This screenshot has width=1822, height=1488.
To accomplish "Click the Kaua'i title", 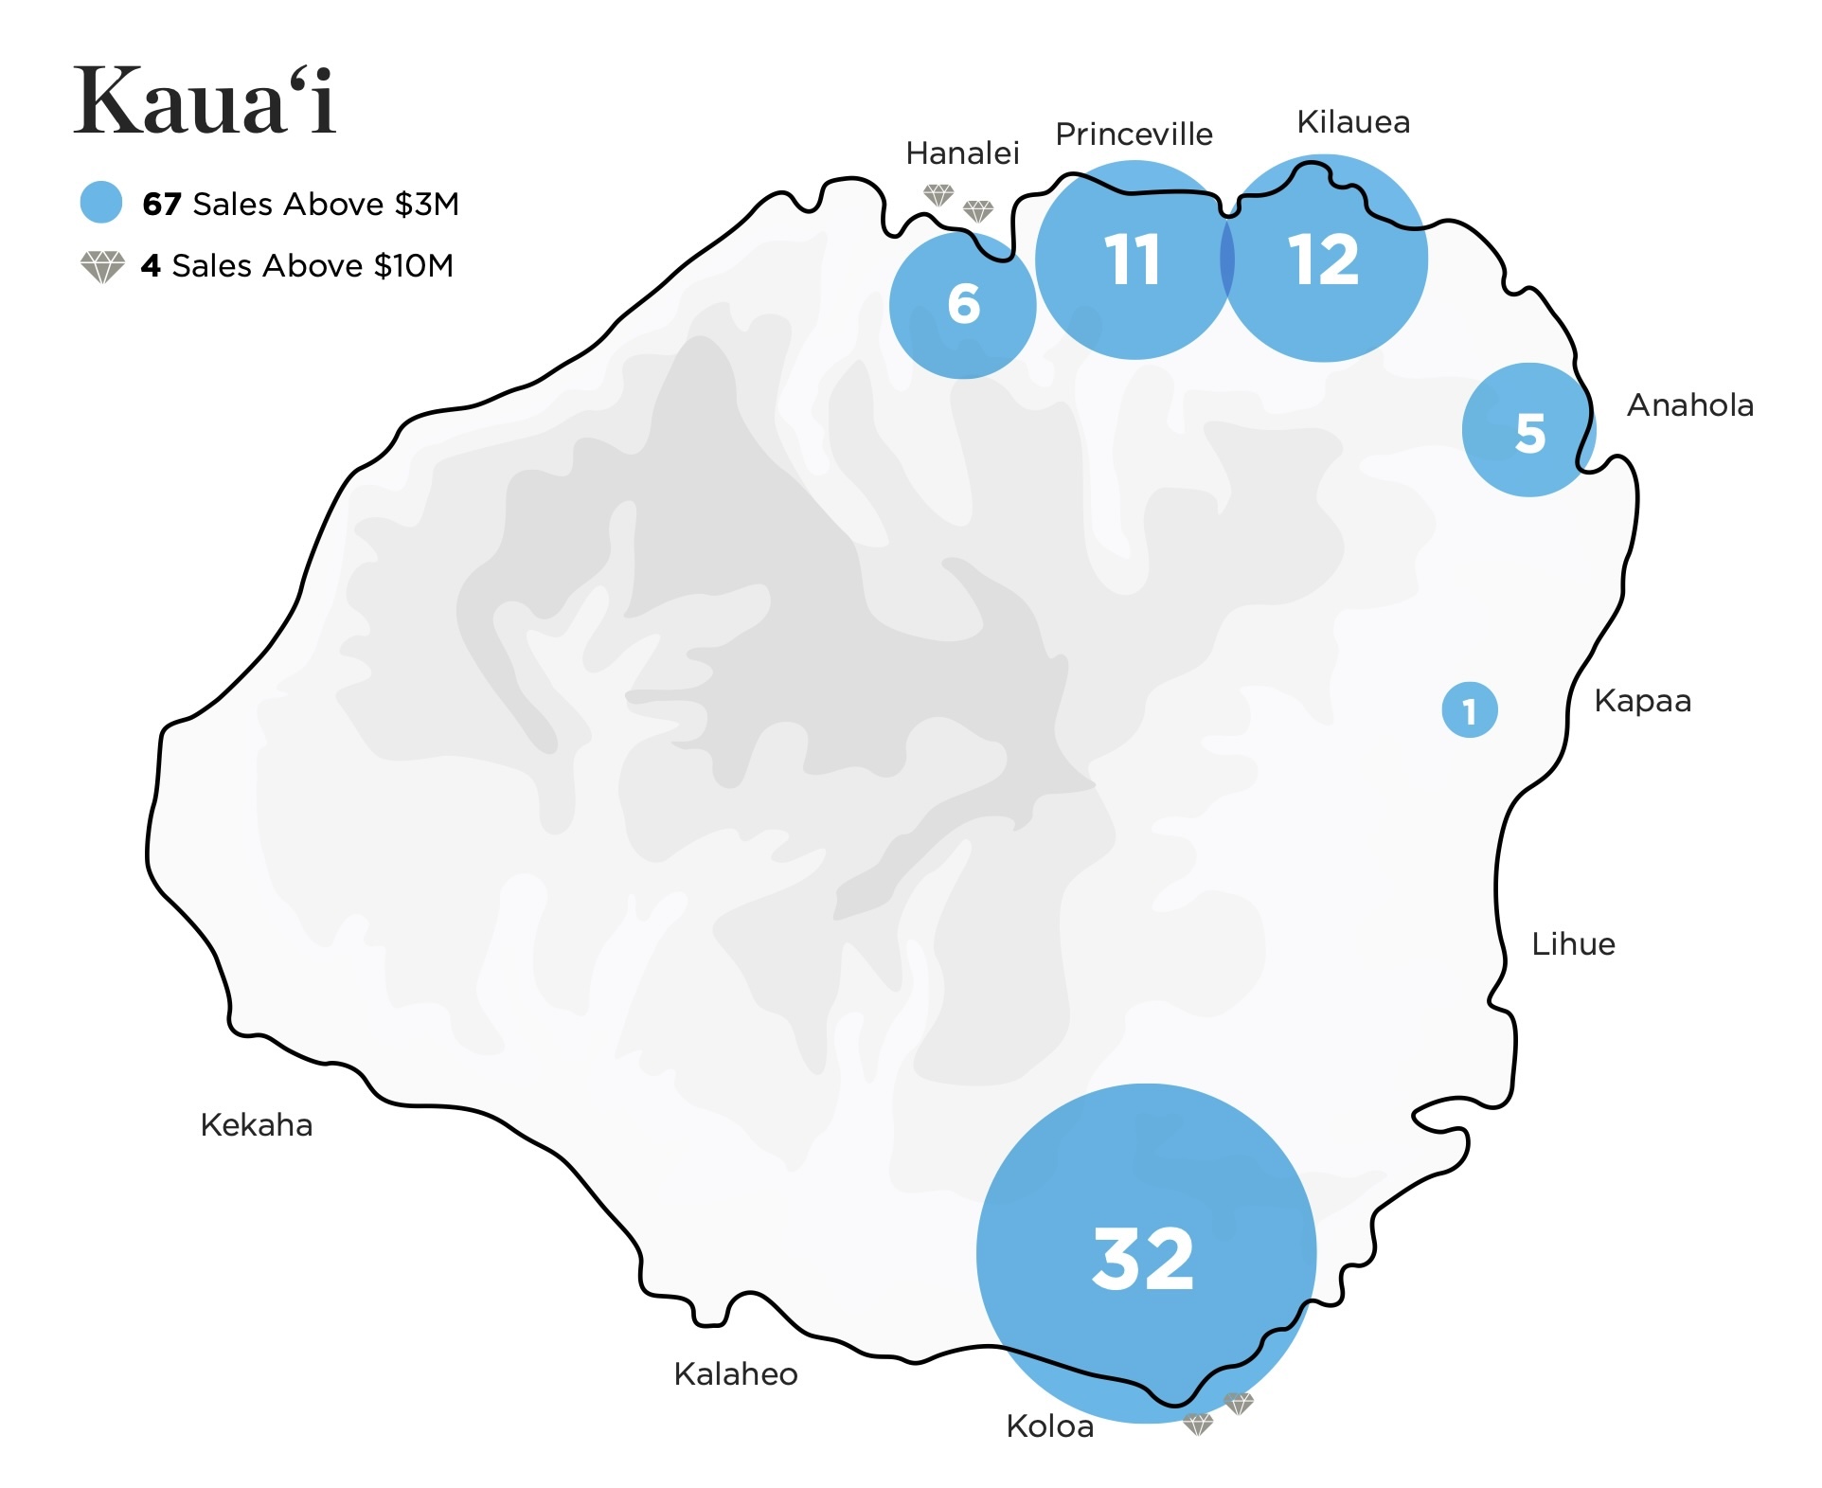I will pos(205,101).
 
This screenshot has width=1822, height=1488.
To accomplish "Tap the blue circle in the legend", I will pos(101,202).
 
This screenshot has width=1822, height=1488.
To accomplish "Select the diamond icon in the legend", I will pos(102,266).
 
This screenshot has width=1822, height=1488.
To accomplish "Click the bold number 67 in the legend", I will pos(161,204).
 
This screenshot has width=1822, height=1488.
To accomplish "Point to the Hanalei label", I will pos(962,152).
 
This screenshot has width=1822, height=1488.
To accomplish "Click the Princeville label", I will pos(1134,134).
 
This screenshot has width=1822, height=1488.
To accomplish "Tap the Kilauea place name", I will pos(1353,122).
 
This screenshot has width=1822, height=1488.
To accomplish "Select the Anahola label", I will pos(1689,405).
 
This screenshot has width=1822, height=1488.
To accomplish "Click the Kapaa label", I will pos(1642,701).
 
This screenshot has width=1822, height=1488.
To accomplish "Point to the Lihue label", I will pos(1573,943).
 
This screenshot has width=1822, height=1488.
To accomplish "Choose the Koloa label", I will pos(1049,1425).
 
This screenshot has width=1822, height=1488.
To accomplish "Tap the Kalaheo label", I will pos(736,1373).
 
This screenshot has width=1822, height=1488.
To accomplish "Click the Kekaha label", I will pos(257,1124).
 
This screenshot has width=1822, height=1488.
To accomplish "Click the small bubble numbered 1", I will pos(1469,709).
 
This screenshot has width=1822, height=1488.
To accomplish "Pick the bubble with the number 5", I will pos(1528,430).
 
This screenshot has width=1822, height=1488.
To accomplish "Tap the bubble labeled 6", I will pos(963,305).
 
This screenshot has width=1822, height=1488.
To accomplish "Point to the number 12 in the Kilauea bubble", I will pos(1323,260).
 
